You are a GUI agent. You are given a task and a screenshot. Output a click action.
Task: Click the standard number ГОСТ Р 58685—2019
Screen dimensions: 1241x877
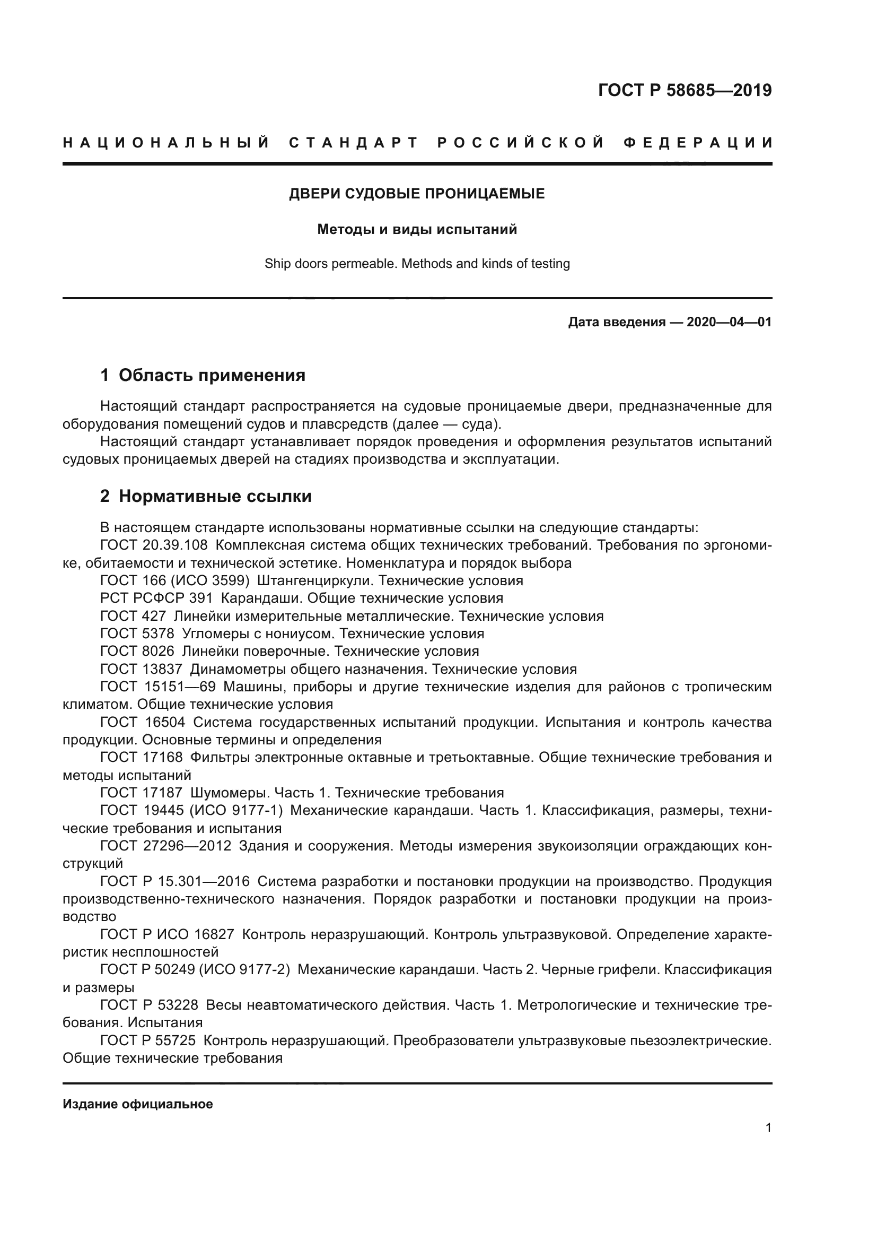tap(685, 90)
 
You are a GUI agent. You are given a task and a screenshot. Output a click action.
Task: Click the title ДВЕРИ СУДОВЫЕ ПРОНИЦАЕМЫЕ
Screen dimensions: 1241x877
tap(417, 194)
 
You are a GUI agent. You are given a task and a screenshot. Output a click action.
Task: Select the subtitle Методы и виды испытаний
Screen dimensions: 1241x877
tap(417, 230)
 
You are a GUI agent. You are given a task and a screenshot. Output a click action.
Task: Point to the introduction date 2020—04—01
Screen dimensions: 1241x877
tap(729, 323)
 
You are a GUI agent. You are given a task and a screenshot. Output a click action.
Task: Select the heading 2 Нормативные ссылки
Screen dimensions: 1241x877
tap(206, 496)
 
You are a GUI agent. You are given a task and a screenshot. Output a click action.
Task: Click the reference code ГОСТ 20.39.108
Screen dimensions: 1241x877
tap(154, 545)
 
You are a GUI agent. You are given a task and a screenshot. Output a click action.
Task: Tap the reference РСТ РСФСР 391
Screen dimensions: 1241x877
tap(156, 598)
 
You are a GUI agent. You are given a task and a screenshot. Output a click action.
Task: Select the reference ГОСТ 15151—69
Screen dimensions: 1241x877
tap(158, 687)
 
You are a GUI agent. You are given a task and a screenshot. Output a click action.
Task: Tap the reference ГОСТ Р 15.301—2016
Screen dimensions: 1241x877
tap(175, 882)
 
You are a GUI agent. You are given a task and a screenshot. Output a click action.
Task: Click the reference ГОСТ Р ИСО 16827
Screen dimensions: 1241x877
tap(168, 934)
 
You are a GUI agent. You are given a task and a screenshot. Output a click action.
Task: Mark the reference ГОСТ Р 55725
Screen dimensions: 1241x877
tap(148, 1040)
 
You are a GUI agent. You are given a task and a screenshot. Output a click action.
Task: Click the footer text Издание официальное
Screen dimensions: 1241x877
tap(138, 1104)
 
